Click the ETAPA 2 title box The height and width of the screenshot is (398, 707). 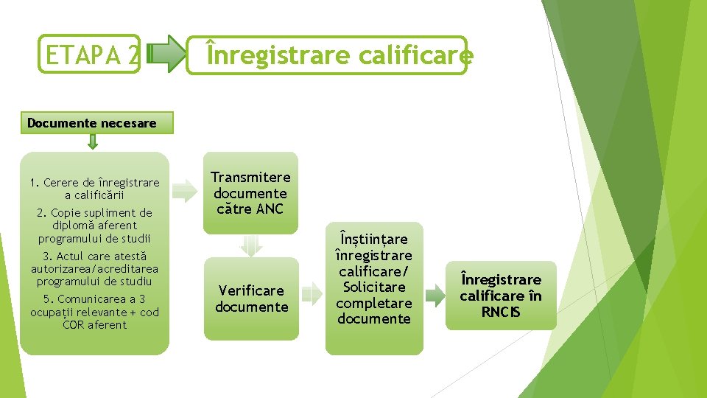click(89, 55)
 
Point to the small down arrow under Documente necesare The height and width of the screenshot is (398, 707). click(92, 142)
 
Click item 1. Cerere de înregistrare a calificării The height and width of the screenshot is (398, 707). click(94, 189)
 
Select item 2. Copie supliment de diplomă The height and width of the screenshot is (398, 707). click(94, 226)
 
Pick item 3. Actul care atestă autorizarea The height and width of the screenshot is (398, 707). click(94, 268)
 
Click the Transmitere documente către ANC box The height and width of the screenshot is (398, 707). click(251, 193)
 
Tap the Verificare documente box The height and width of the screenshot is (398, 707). click(251, 298)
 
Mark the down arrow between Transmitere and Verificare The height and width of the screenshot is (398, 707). click(251, 245)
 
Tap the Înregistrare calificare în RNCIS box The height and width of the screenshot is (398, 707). click(501, 296)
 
